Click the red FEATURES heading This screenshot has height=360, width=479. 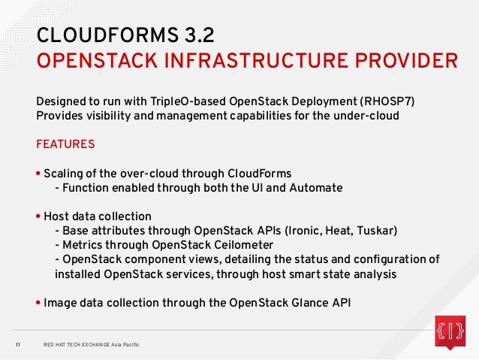[x=65, y=144]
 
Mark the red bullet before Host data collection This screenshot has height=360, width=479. [x=39, y=216]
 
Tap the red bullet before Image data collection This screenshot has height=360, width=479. [x=39, y=303]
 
